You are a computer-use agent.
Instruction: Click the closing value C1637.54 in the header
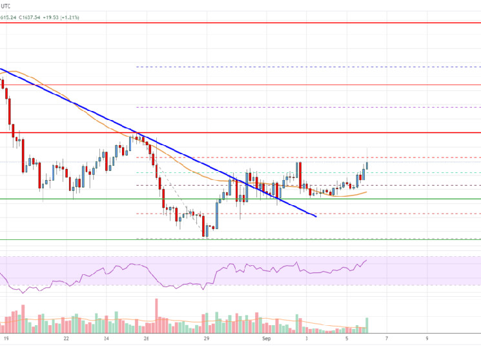pos(31,17)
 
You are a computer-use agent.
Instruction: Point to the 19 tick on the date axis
pos(6,337)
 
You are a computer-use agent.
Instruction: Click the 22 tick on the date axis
pos(67,337)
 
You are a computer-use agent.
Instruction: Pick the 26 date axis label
pos(147,337)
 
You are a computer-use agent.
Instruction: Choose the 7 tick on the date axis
pos(387,337)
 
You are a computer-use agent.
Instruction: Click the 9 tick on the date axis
pos(427,337)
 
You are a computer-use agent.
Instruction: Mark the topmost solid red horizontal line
pos(258,23)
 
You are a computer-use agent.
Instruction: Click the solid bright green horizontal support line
pos(387,199)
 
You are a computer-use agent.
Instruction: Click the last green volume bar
pos(367,323)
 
